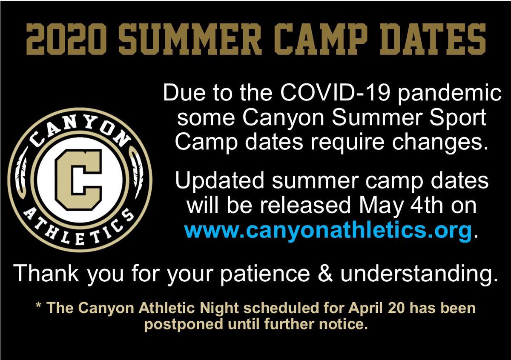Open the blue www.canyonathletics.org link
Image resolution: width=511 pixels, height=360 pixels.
(328, 231)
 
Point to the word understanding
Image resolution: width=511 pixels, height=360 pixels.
(419, 274)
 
